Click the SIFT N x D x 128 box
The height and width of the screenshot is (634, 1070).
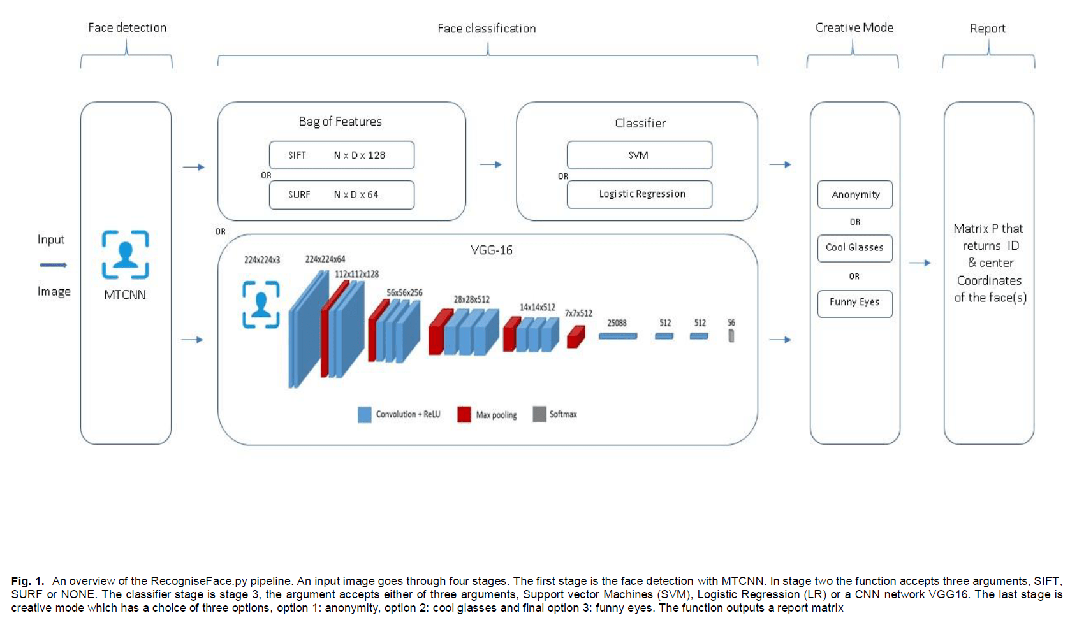click(x=341, y=155)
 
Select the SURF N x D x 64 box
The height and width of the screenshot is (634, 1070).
click(x=341, y=195)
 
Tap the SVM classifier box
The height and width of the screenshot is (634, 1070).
click(x=639, y=155)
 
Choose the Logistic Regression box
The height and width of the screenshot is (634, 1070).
click(x=639, y=194)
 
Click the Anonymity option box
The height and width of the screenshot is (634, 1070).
click(x=854, y=195)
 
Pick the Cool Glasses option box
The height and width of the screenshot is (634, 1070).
click(x=854, y=248)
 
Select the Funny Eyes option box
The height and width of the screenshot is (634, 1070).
click(x=854, y=303)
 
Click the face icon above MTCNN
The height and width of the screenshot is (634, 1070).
click(x=126, y=255)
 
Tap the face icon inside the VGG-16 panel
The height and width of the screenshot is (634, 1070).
click(x=261, y=305)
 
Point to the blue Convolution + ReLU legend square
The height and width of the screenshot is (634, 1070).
click(x=365, y=415)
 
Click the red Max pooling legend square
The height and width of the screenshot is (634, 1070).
click(x=464, y=415)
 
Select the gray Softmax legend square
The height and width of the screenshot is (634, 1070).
click(x=539, y=414)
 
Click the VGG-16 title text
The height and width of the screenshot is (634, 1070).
click(x=491, y=250)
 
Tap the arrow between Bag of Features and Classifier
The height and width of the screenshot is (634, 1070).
click(x=490, y=164)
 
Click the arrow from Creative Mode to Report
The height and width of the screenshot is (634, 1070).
click(x=920, y=263)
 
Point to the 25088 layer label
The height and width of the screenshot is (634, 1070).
click(x=617, y=323)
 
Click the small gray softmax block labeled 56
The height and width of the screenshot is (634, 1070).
click(x=731, y=335)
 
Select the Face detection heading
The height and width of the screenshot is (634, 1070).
click(x=127, y=28)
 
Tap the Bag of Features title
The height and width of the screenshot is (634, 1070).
click(x=340, y=122)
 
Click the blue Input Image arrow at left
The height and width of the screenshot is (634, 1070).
click(x=54, y=265)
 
